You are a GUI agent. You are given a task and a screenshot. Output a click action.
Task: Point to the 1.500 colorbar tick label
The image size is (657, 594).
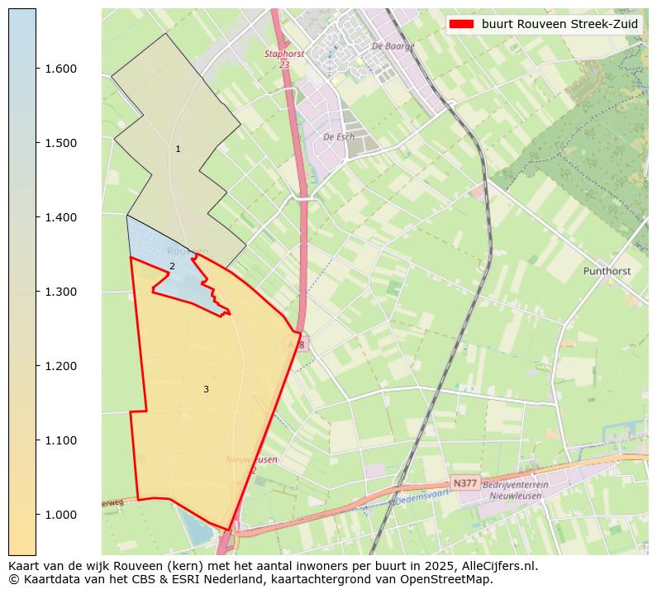click(60, 143)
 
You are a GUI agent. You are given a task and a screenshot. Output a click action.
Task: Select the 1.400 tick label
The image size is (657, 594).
click(60, 217)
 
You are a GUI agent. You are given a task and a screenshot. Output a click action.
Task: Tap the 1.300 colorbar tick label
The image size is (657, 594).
click(60, 292)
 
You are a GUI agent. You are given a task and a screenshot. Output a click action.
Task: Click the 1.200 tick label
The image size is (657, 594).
click(60, 366)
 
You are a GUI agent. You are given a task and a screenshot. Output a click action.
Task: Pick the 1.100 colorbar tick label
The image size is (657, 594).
click(60, 440)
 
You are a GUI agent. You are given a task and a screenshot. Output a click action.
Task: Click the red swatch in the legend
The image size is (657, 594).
click(462, 24)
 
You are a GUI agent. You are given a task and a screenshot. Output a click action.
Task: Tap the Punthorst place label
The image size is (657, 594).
click(607, 270)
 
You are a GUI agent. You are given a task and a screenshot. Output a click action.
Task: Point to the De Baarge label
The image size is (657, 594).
click(393, 46)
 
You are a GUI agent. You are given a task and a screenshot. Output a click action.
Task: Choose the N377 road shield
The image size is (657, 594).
click(465, 482)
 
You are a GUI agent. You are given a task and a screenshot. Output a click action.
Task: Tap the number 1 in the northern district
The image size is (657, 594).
click(178, 149)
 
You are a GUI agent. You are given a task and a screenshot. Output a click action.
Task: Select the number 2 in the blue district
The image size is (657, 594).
click(172, 266)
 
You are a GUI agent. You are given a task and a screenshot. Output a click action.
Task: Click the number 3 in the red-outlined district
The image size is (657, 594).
click(206, 389)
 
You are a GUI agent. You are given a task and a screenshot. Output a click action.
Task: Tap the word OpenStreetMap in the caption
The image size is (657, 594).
click(450, 580)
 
